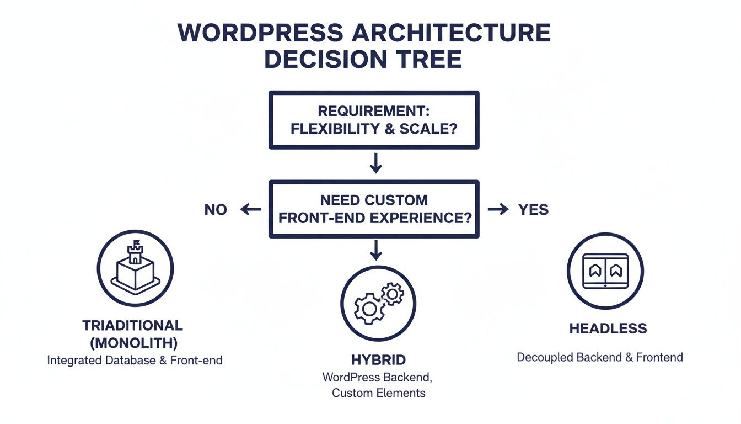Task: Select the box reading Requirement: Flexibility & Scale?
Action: coord(374,120)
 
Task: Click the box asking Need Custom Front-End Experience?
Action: coord(374,209)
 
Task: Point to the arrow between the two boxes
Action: coord(375,163)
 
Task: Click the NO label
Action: coord(216,210)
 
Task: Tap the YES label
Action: coord(533,210)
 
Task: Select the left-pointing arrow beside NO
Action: coord(251,210)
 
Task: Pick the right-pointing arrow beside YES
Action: coord(497,210)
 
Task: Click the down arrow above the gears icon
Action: coord(375,250)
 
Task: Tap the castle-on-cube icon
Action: coord(135,268)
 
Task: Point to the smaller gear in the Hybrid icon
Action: coord(392,294)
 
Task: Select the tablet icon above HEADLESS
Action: coord(605,271)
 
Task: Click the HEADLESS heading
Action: coord(608,328)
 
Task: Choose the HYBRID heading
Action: coord(378,361)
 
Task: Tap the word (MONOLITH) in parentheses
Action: coord(133,343)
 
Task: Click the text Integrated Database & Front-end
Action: coord(135,361)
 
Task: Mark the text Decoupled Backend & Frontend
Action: coord(600,357)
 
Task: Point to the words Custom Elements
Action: coord(378,393)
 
